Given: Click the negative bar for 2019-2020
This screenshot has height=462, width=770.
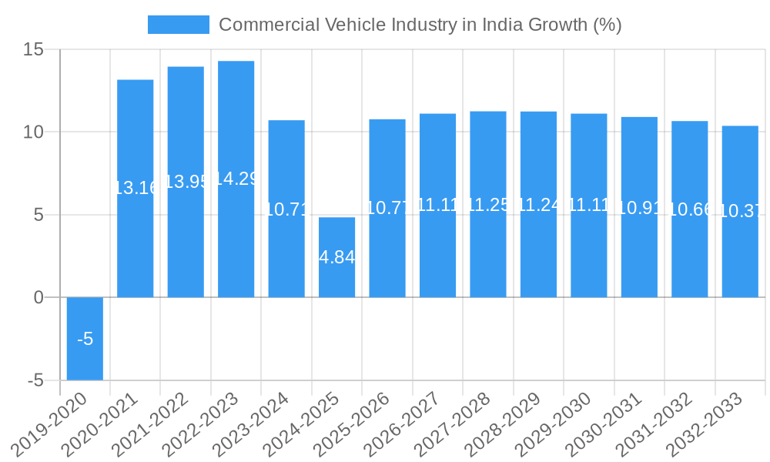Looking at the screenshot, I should (85, 339).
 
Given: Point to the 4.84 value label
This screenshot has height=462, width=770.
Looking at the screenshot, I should (336, 258).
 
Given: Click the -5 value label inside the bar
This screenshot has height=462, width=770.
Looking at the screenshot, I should (85, 339).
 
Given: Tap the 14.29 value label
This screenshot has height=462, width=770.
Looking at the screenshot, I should (236, 179).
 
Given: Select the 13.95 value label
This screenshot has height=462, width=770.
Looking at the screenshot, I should (186, 182).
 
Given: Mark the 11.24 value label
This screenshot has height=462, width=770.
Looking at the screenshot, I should (538, 204).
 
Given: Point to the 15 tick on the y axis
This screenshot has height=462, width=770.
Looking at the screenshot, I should (34, 50).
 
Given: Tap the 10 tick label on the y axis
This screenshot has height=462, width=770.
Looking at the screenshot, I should (34, 132).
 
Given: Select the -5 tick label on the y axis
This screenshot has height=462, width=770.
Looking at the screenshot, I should (36, 380).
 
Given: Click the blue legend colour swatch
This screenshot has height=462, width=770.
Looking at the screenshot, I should (178, 25).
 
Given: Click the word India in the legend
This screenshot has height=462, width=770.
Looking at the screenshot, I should (502, 25).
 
